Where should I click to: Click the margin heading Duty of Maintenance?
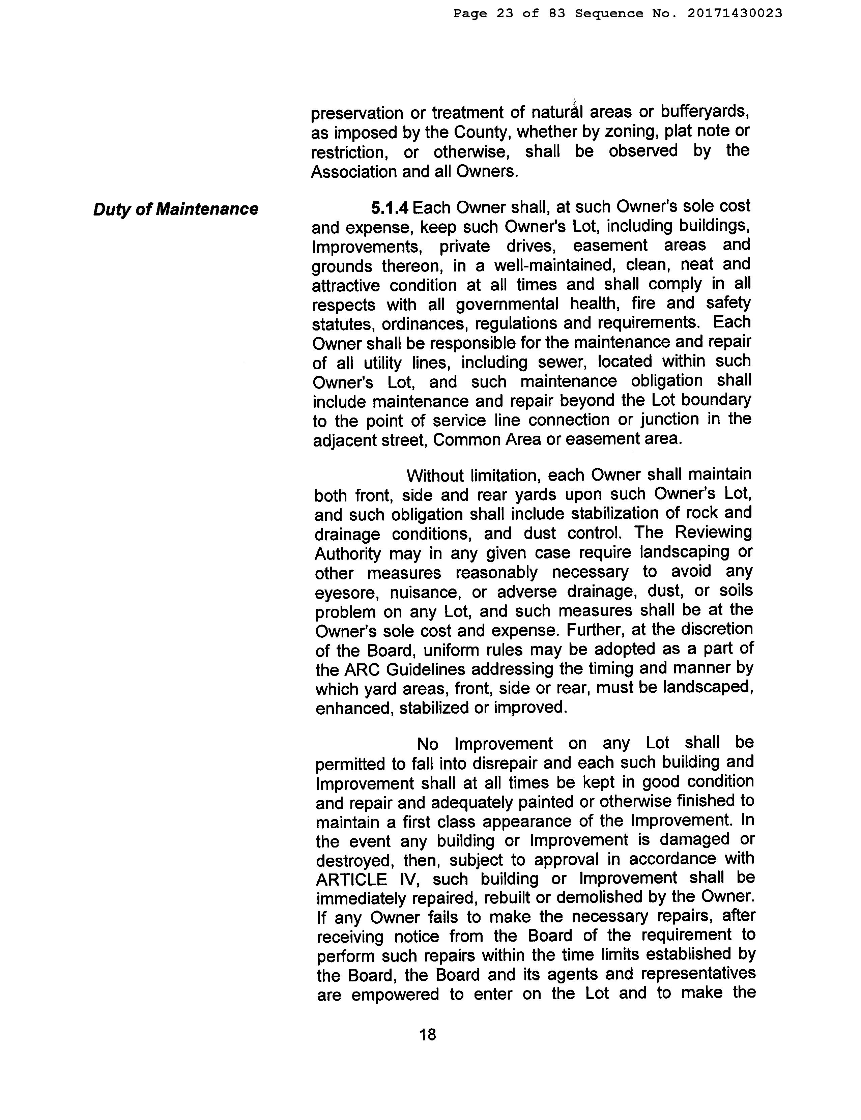(x=175, y=209)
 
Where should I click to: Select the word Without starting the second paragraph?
(x=435, y=476)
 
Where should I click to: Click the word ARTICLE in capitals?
(x=351, y=880)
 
